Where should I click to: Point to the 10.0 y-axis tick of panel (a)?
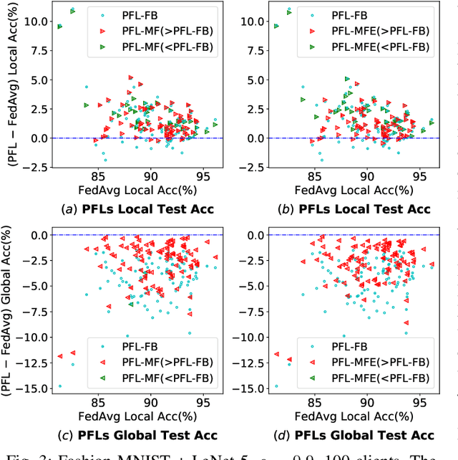coord(34,21)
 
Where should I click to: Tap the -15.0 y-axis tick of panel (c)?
coord(31,389)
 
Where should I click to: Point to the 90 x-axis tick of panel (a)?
coord(150,176)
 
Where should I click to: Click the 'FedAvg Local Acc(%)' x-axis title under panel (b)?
coord(367,190)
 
